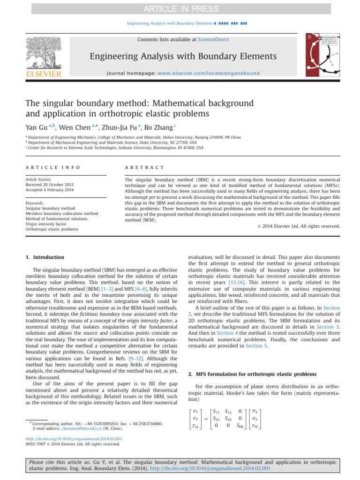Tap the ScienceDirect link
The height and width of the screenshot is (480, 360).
[213, 40]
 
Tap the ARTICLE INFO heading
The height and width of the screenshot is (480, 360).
[52, 167]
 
